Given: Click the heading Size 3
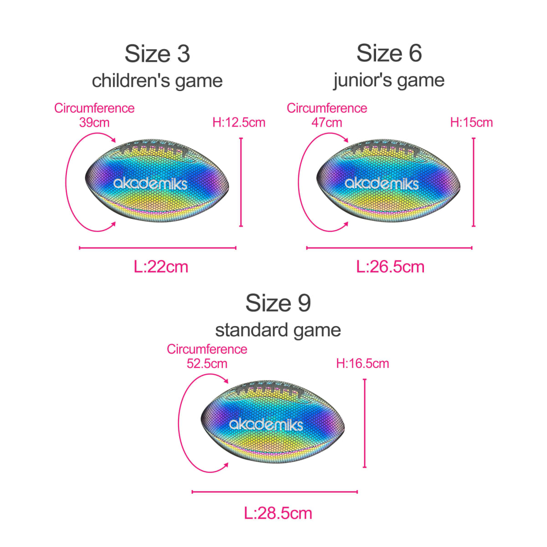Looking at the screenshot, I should (157, 54).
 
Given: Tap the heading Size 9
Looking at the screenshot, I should (278, 303).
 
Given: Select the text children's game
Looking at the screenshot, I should (157, 81).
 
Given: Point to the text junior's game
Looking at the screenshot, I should (389, 80).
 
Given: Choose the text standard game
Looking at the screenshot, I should (278, 330).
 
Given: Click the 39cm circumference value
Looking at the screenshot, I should (94, 123).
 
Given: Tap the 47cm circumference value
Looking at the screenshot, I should (327, 123).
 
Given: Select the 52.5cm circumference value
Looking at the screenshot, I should (207, 364).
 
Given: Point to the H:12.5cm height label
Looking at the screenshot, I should (239, 122).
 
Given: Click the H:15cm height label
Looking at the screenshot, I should (471, 122).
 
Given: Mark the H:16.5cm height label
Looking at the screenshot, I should (362, 363).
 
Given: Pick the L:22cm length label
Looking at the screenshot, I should (161, 267).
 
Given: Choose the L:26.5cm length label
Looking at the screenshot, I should (390, 267).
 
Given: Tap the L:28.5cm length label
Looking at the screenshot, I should (278, 513).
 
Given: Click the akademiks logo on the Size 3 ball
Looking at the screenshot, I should (150, 183).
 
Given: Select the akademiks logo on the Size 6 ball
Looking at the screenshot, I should (382, 183).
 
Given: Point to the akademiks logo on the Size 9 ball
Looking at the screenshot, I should (266, 424).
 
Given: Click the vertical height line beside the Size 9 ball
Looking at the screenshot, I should (365, 423).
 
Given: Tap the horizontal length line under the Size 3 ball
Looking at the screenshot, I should (158, 248).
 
